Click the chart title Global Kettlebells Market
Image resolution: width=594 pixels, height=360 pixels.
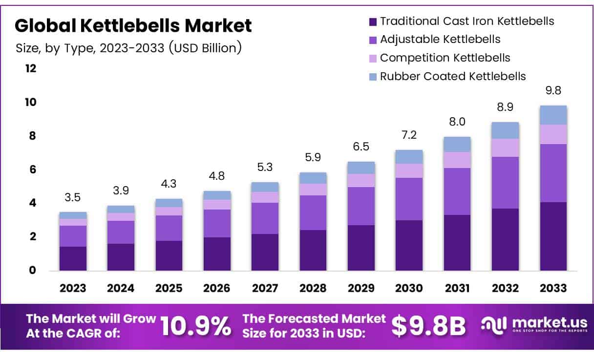(x=134, y=25)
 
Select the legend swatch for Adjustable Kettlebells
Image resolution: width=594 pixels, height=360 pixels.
(x=373, y=40)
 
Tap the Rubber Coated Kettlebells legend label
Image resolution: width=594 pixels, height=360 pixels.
(x=453, y=76)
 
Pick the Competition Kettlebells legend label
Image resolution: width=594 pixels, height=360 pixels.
(x=445, y=58)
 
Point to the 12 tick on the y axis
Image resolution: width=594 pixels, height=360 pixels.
(x=31, y=68)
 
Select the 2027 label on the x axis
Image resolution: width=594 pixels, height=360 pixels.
(x=265, y=288)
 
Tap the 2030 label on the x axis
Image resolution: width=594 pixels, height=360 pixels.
(x=409, y=288)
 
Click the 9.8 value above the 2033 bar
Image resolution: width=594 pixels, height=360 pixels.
(x=553, y=91)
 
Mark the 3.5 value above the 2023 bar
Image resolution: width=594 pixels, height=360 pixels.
(x=73, y=198)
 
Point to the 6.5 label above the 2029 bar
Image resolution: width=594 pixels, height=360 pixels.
(x=361, y=147)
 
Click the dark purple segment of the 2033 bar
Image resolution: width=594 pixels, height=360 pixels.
(x=553, y=236)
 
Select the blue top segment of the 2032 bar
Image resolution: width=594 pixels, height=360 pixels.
(x=505, y=130)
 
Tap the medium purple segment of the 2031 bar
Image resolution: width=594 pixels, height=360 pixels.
(x=457, y=191)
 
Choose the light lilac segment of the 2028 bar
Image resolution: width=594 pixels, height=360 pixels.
(x=313, y=190)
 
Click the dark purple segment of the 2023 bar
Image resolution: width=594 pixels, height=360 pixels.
(x=73, y=258)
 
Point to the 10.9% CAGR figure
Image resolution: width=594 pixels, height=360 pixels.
(x=195, y=326)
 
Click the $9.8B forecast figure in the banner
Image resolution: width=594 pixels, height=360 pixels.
(x=429, y=326)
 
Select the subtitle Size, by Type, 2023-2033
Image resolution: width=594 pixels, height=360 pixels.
(x=128, y=48)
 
